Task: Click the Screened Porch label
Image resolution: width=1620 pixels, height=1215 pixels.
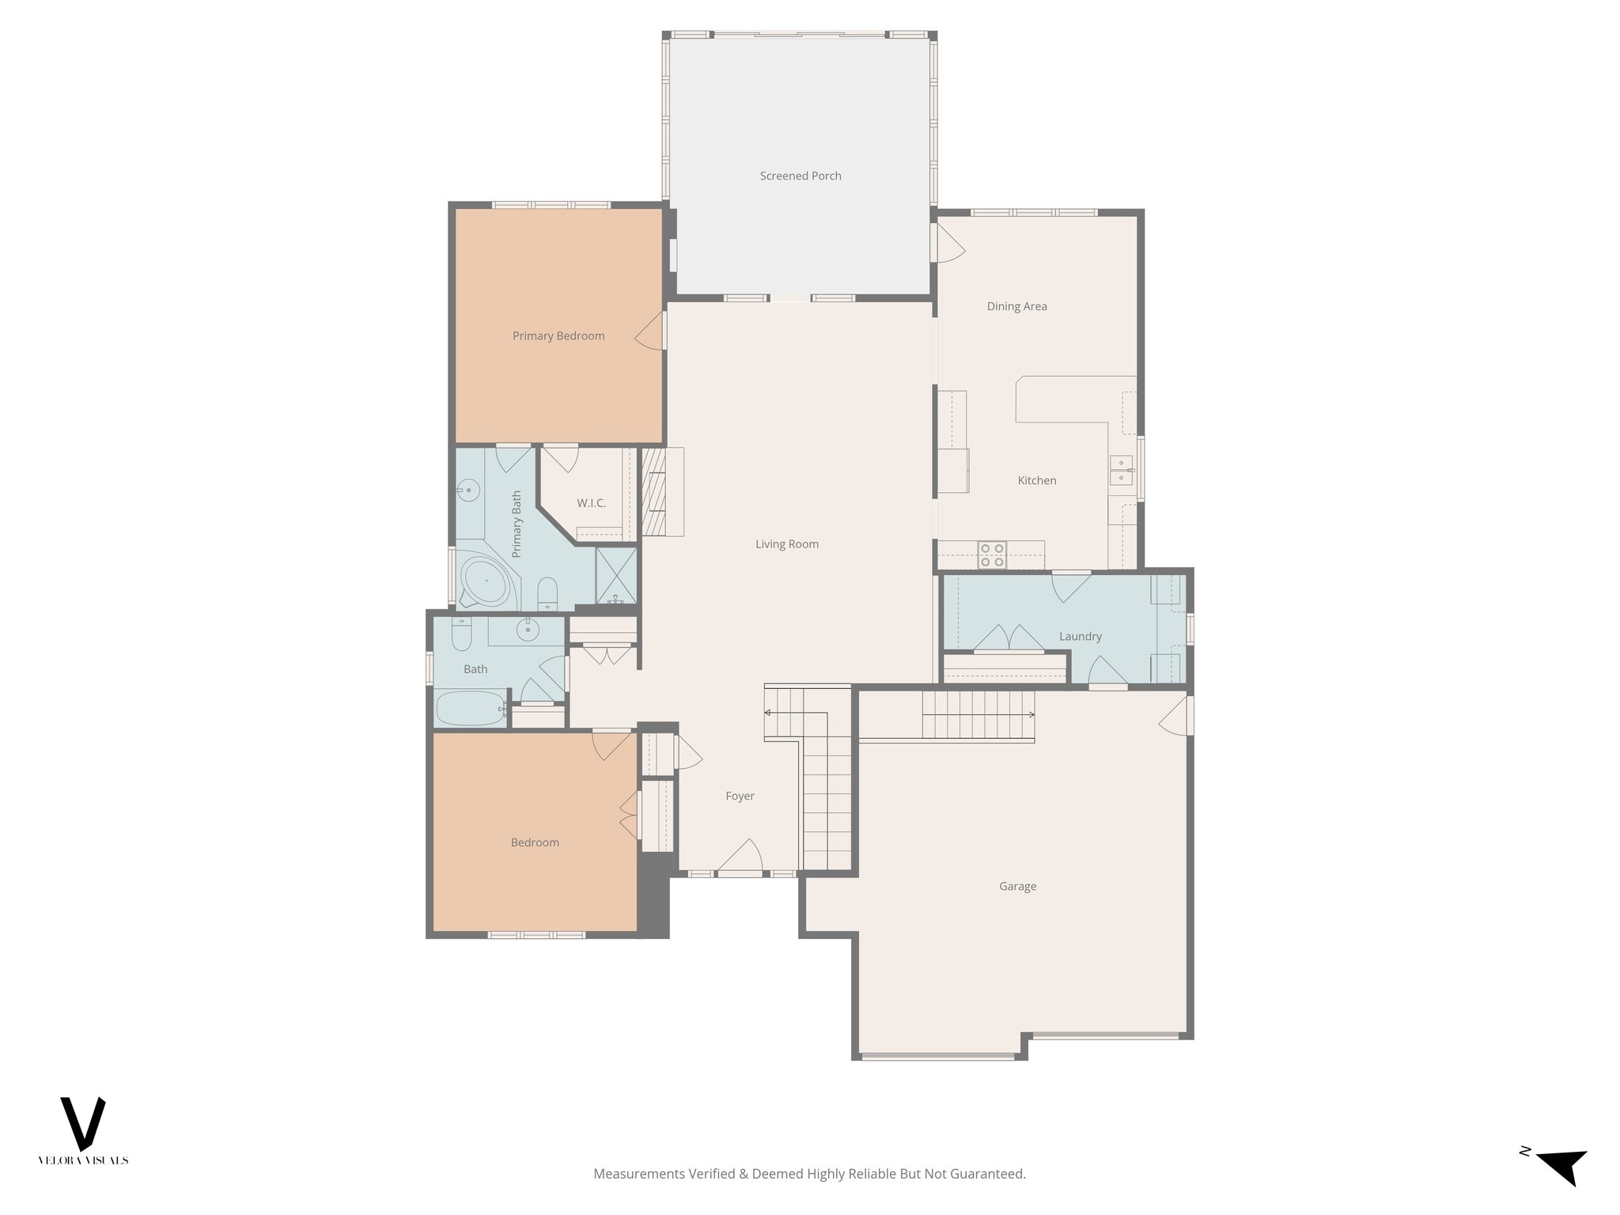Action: [x=800, y=176]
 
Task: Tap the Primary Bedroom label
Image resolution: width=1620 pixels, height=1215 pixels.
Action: [x=558, y=336]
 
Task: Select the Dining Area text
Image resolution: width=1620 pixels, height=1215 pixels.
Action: [x=1016, y=306]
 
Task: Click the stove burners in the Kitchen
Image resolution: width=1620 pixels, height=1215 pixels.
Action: [x=992, y=555]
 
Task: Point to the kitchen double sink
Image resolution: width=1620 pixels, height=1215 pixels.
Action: [x=1121, y=471]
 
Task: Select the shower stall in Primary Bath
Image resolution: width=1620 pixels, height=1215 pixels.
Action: [x=615, y=576]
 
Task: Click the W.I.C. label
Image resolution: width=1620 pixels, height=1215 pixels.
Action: [x=591, y=503]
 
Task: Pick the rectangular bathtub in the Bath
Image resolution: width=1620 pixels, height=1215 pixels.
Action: [x=471, y=708]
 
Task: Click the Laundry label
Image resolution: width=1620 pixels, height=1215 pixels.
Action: [x=1080, y=636]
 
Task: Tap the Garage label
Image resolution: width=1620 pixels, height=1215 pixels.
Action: [x=1017, y=886]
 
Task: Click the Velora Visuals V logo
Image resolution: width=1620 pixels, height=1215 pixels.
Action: [x=83, y=1123]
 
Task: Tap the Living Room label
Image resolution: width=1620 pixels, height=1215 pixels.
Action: [x=786, y=544]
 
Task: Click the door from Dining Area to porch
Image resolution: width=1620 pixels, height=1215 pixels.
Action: [x=948, y=244]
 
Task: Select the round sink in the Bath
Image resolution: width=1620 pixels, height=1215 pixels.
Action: [x=527, y=630]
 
